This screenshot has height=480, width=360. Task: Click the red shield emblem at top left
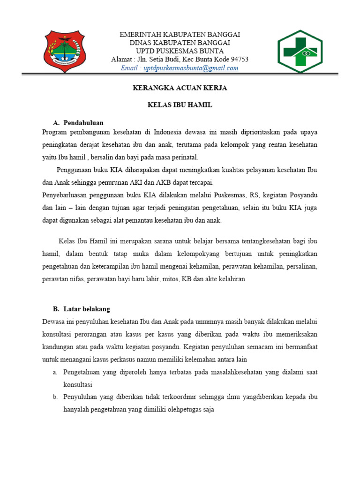tap(65, 51)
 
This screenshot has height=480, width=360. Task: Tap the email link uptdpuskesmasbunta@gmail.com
tap(191, 68)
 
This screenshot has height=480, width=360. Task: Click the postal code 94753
tap(238, 60)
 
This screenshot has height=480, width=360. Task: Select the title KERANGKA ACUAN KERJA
tap(180, 88)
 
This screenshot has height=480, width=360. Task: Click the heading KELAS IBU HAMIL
tap(180, 105)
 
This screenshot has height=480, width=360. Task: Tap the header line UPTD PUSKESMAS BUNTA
tap(180, 51)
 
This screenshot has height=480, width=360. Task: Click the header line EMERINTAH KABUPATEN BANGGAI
tap(180, 35)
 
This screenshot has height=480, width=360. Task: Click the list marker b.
tap(55, 397)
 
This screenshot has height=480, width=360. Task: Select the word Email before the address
tap(130, 68)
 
